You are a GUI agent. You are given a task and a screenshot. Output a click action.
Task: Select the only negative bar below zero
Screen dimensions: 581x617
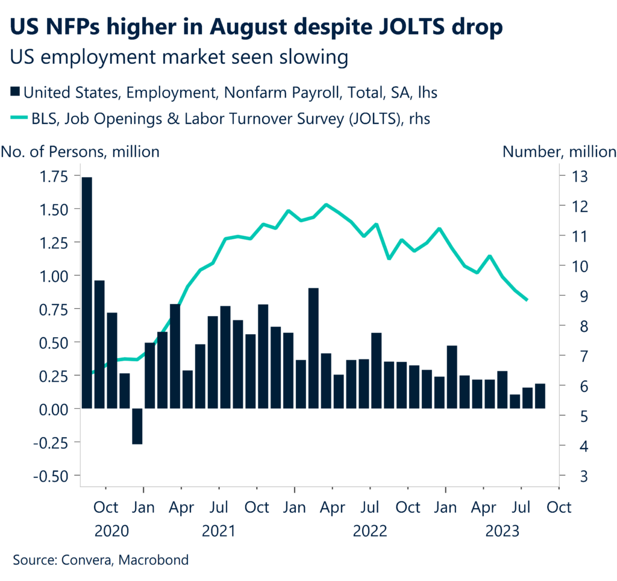(137, 426)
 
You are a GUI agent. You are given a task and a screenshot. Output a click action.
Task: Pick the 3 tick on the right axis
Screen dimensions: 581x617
(568, 476)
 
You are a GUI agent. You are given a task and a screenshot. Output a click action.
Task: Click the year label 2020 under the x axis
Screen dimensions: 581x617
(112, 532)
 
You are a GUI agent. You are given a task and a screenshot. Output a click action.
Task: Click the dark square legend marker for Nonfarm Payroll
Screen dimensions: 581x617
(14, 93)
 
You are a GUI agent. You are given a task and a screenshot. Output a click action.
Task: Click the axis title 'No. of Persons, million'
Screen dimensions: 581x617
(81, 152)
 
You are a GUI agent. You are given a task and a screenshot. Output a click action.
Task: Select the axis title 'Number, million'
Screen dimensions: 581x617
(559, 152)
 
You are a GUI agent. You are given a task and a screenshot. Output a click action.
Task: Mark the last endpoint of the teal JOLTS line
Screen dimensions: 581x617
(527, 299)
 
